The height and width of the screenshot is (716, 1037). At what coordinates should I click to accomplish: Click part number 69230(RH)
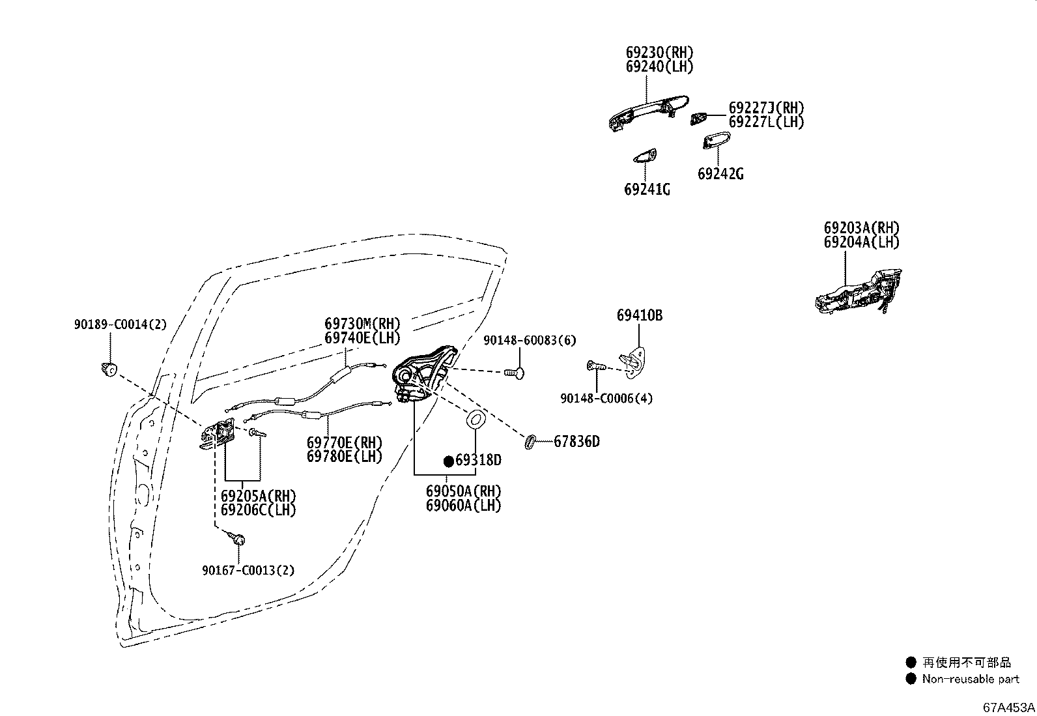click(659, 53)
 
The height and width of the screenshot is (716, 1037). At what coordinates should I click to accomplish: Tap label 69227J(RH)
click(766, 108)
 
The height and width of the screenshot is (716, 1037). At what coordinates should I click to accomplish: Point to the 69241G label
click(647, 190)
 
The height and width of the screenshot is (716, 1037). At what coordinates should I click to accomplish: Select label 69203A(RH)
click(861, 228)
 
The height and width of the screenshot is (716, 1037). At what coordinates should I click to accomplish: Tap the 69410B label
click(640, 315)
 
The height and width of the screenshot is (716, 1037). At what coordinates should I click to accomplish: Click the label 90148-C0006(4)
click(606, 398)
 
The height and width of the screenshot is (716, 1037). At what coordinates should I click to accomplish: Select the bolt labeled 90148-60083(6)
click(514, 372)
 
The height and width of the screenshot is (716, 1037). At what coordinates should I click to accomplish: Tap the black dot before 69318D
click(448, 461)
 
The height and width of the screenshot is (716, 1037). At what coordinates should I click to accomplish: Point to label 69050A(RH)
click(464, 491)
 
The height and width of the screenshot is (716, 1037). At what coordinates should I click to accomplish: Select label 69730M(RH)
click(362, 324)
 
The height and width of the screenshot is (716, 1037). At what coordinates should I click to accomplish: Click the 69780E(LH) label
click(344, 457)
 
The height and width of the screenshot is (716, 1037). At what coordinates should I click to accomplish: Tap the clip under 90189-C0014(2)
click(109, 369)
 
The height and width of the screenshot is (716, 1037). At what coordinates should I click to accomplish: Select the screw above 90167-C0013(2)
click(237, 538)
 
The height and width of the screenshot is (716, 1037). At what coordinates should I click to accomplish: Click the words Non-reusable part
click(970, 679)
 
